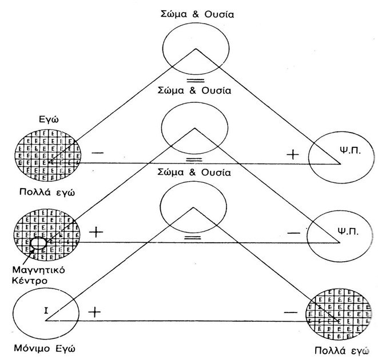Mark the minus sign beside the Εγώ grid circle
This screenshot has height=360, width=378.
tap(98, 153)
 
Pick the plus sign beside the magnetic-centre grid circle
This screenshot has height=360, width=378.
tap(97, 232)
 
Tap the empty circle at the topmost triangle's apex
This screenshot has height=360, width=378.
tap(194, 51)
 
